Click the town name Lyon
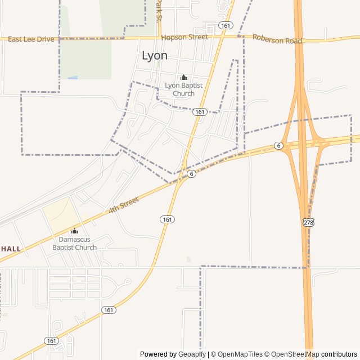tap(154, 56)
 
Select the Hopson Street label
tap(184, 37)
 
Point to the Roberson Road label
tap(277, 39)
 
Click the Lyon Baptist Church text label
tap(183, 89)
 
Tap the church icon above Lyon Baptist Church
tap(183, 77)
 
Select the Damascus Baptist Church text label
tap(74, 244)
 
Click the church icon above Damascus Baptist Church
tap(74, 231)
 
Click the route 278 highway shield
tap(308, 223)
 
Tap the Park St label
tap(159, 10)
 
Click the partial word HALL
tap(11, 249)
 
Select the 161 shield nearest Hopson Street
tap(226, 25)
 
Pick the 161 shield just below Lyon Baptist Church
tap(200, 112)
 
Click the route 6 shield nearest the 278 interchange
tap(278, 146)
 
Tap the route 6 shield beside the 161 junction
tap(192, 174)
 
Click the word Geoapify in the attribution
tap(192, 354)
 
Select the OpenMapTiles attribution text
tap(240, 354)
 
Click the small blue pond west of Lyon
tap(72, 77)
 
